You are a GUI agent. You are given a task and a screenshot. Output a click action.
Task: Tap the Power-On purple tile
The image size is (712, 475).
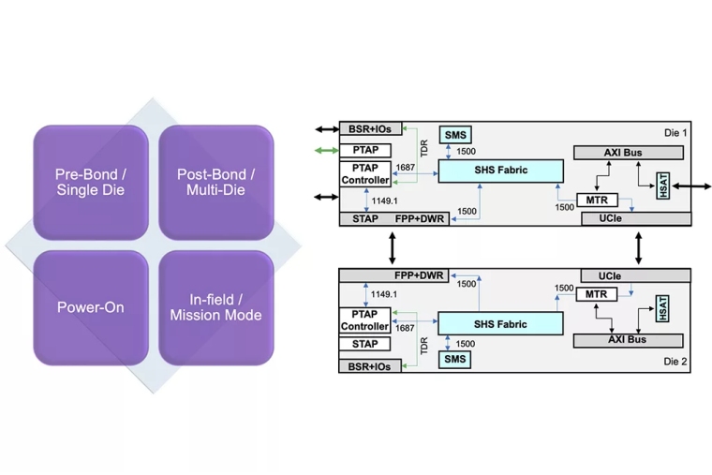(91, 307)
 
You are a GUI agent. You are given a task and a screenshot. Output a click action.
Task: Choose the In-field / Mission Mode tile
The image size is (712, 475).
(215, 307)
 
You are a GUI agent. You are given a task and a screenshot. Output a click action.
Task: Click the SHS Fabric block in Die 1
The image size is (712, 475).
(500, 171)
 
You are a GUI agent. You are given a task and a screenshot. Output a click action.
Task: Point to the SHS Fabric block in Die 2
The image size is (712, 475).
(500, 324)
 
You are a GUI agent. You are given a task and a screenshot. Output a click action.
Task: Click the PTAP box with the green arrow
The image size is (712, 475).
(364, 150)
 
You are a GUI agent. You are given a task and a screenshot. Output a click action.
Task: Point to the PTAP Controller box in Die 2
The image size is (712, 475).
(364, 320)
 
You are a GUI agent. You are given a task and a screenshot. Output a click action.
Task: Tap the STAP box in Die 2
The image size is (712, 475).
(364, 344)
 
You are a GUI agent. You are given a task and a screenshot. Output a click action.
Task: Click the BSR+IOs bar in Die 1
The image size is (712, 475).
(370, 128)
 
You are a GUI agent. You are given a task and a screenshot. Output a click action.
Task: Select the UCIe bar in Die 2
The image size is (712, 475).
(631, 276)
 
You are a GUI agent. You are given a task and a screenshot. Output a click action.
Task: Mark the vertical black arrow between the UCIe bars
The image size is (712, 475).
(640, 247)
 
